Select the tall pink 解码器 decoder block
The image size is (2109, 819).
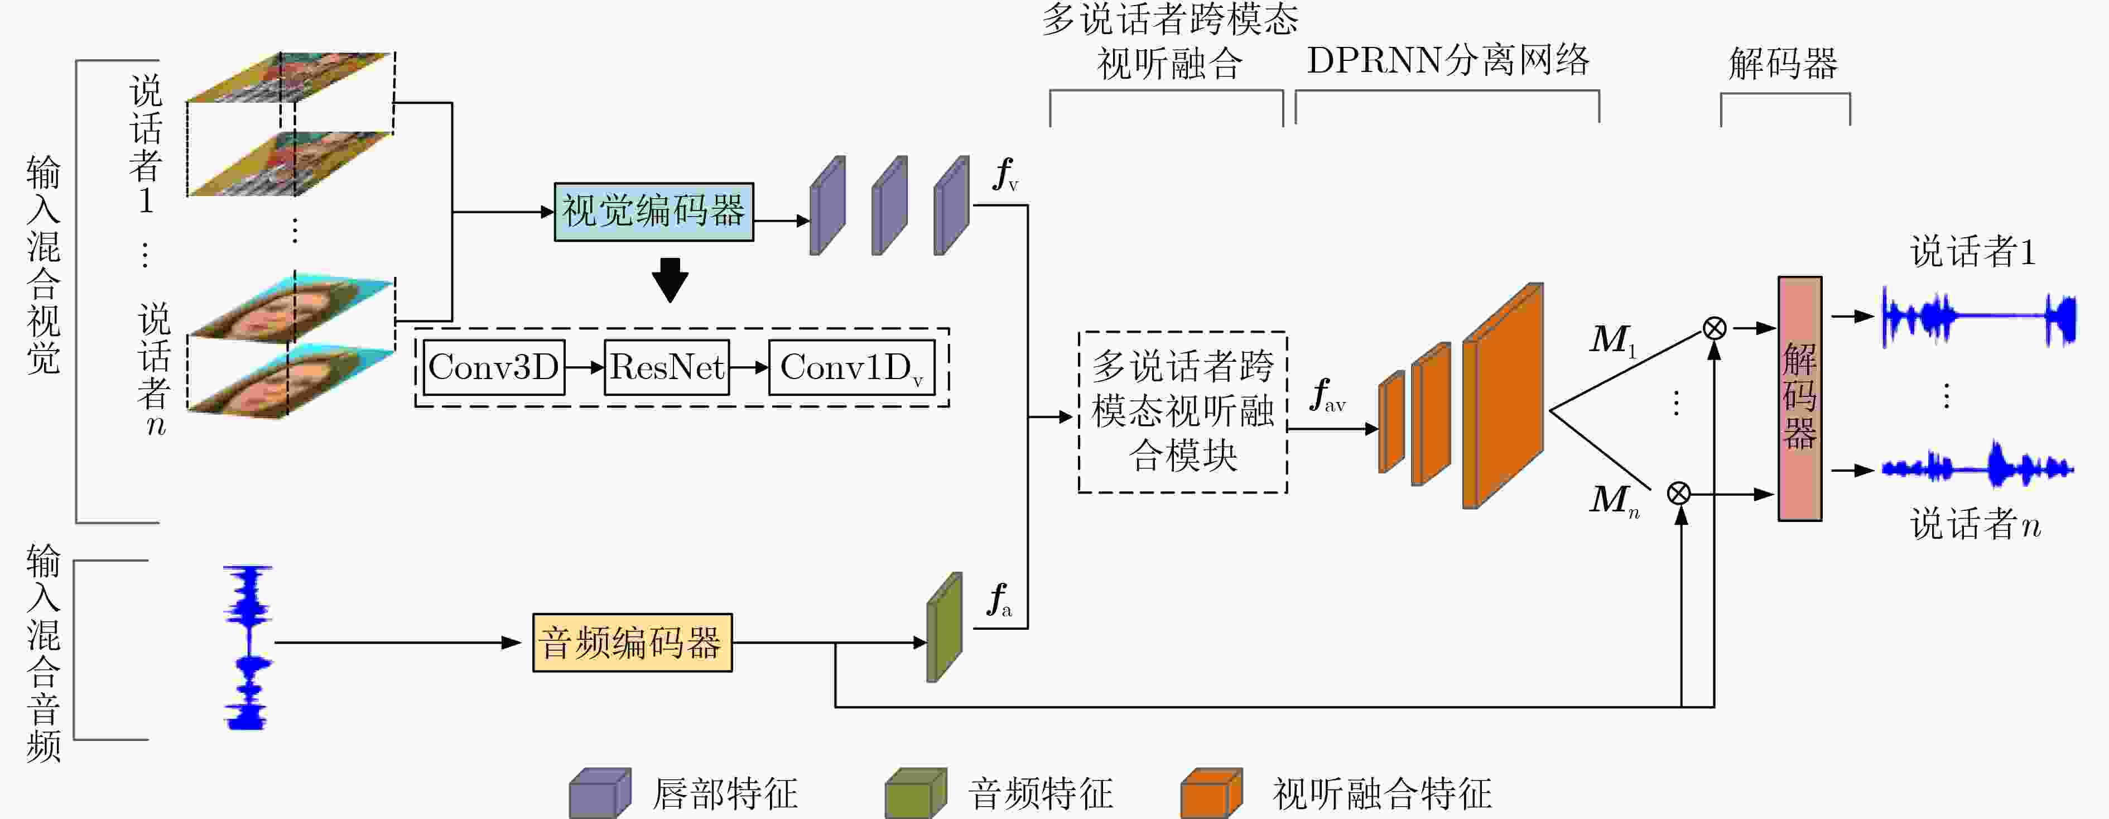click(x=1799, y=398)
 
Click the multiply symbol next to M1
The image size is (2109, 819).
click(x=1715, y=328)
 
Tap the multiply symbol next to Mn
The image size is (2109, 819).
click(x=1679, y=493)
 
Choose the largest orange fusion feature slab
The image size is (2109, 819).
click(x=1503, y=396)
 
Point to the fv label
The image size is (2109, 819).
click(x=1006, y=174)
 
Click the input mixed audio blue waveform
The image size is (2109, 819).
click(x=247, y=647)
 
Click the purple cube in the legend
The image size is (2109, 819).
click(x=600, y=793)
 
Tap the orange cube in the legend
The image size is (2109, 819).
click(x=1212, y=793)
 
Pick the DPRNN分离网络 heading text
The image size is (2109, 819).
click(x=1447, y=60)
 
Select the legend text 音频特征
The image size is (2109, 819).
click(x=1040, y=793)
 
